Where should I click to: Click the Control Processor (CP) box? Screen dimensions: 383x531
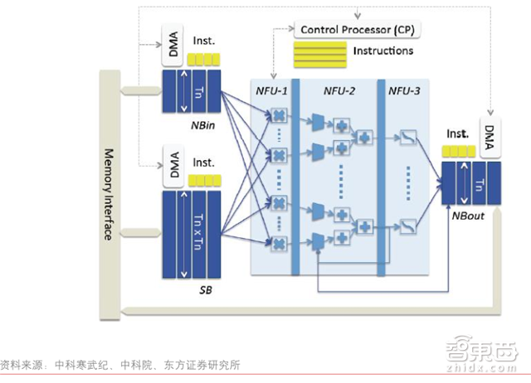pyautogui.click(x=358, y=31)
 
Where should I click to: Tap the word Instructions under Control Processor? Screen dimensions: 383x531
pyautogui.click(x=382, y=51)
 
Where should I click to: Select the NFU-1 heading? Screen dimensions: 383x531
pyautogui.click(x=270, y=90)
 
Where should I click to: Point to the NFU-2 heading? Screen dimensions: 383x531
pyautogui.click(x=340, y=90)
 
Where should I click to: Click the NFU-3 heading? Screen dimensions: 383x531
pyautogui.click(x=405, y=90)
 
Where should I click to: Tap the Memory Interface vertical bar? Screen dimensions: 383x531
pyautogui.click(x=108, y=195)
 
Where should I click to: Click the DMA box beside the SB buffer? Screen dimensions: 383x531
pyautogui.click(x=173, y=171)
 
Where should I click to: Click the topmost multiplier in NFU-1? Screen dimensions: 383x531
pyautogui.click(x=280, y=117)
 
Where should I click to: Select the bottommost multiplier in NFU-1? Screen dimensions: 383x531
pyautogui.click(x=280, y=243)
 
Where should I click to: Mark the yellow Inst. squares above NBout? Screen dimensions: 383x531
pyautogui.click(x=457, y=151)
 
